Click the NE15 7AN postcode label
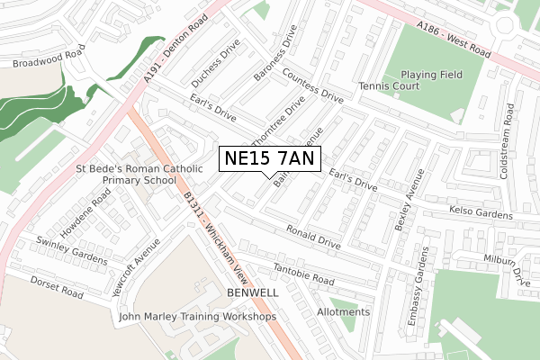[x=267, y=159]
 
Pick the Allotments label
[x=343, y=312]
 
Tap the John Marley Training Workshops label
[x=197, y=317]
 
